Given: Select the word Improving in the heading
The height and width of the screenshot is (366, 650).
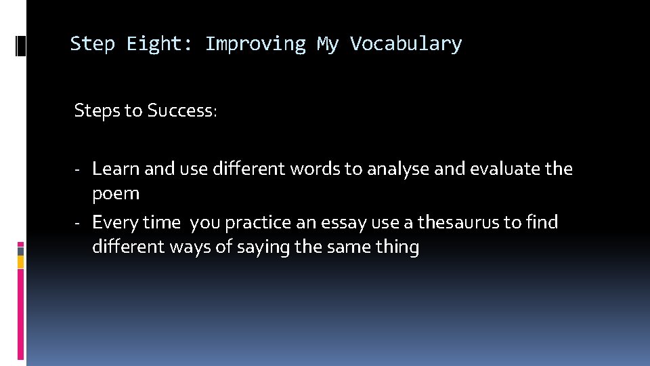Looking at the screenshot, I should click(x=255, y=44).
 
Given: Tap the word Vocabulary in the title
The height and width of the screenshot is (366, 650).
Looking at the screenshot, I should click(x=406, y=44).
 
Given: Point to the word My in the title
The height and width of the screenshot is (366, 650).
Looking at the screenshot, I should click(x=328, y=44).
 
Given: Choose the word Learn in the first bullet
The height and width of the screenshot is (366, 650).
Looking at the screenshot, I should click(x=116, y=169).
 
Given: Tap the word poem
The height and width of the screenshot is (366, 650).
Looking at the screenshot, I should click(x=116, y=194).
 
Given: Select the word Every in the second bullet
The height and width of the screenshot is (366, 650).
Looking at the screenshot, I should click(x=115, y=222).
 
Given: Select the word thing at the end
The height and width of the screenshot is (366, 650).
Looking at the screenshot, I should click(x=397, y=247).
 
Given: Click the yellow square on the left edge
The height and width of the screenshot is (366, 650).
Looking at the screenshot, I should click(x=20, y=261).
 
